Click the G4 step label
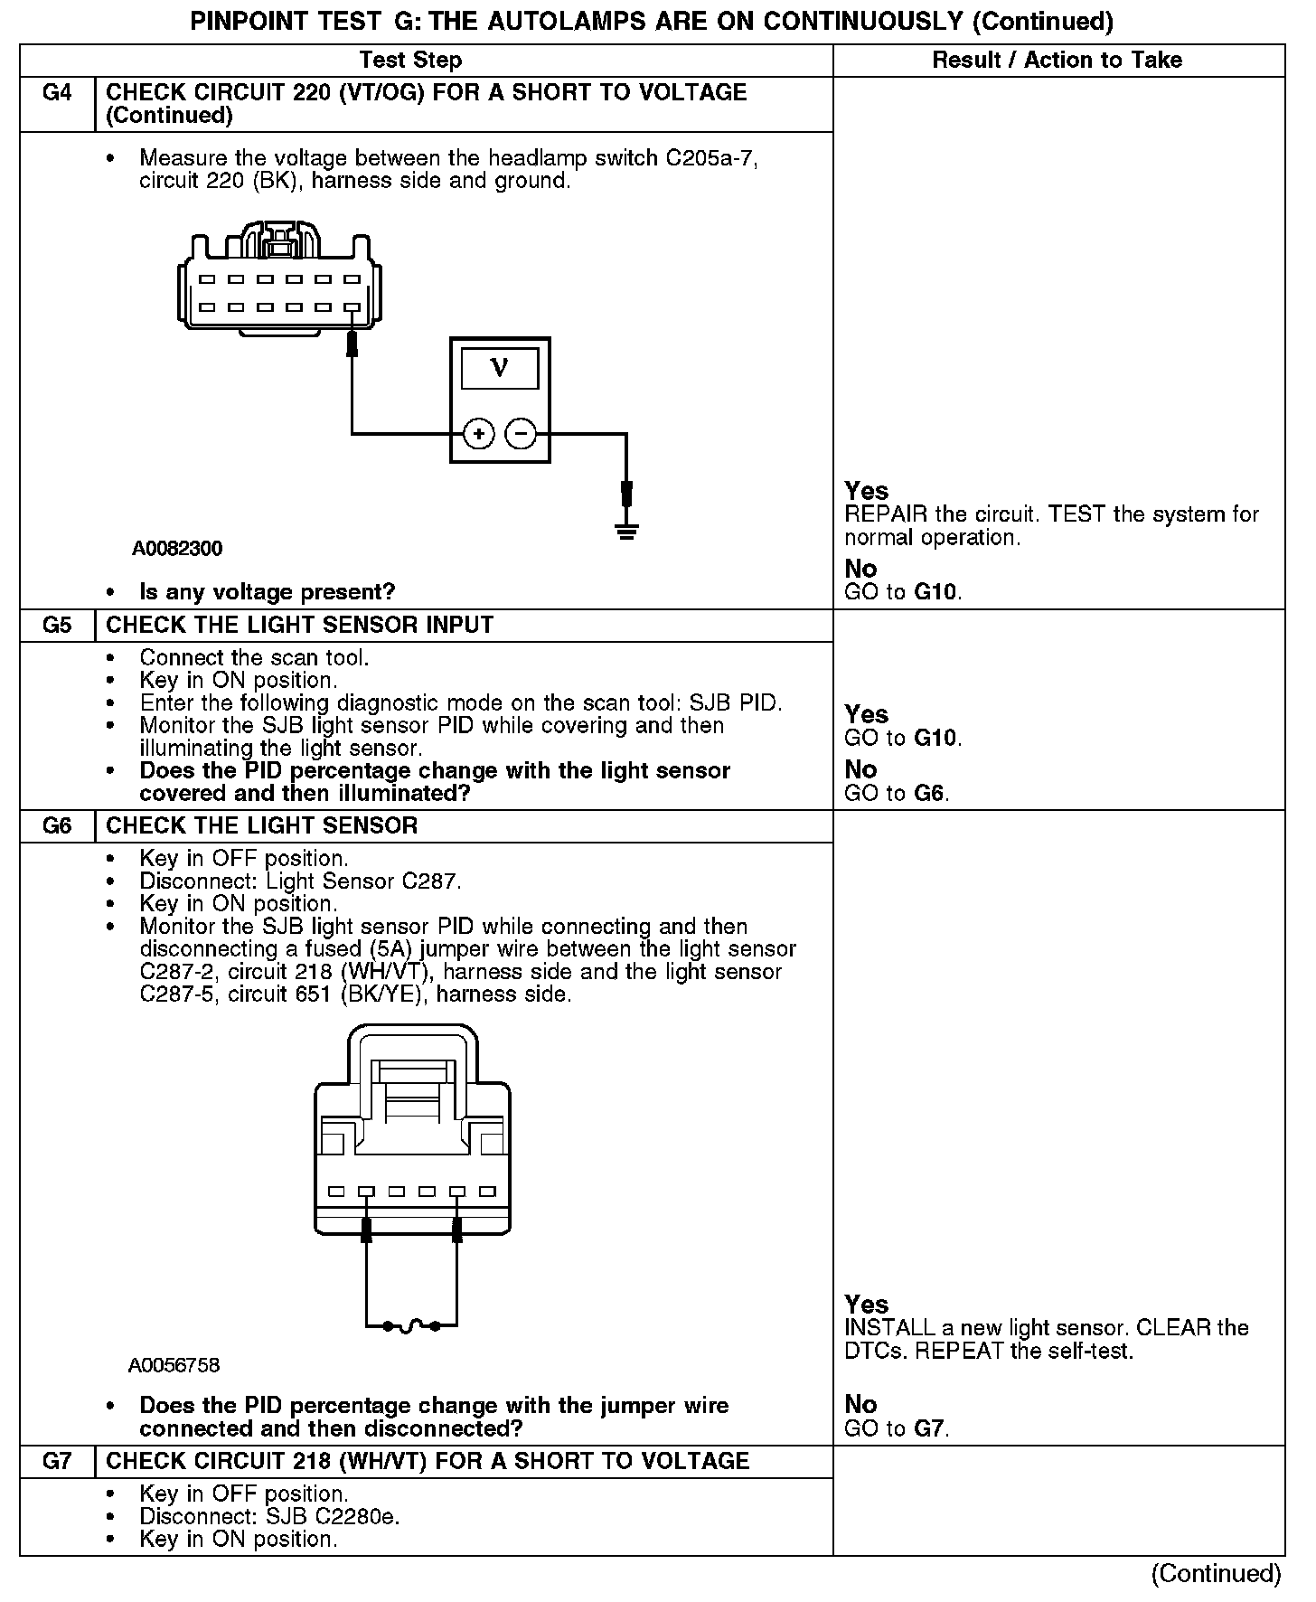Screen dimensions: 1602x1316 pos(57,93)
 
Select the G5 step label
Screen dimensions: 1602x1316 pos(57,626)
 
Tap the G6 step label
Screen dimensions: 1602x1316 pos(57,826)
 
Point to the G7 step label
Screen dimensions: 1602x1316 pos(57,1462)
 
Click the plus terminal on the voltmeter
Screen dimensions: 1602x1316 pos(478,435)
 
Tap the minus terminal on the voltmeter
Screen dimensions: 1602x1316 pos(521,435)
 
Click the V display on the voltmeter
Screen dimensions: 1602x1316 pos(499,369)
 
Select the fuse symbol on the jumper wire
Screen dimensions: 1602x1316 pos(411,1326)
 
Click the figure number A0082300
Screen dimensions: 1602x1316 pos(177,549)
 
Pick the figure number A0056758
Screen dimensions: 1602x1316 pos(174,1365)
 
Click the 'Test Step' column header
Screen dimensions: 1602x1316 pos(410,61)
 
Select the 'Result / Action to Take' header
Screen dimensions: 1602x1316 pos(1057,61)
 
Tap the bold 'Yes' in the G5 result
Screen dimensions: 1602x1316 pos(867,715)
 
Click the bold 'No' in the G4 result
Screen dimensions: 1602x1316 pos(860,569)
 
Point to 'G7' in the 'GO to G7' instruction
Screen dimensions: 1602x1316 pos(930,1428)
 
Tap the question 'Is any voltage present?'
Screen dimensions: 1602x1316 pos(268,592)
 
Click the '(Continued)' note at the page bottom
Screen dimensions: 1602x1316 pos(1216,1574)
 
